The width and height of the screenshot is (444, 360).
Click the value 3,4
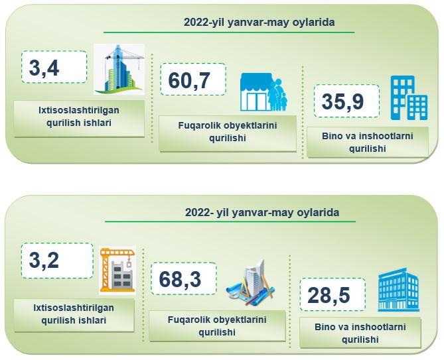[x=44, y=68]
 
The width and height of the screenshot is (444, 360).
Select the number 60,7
[x=189, y=80]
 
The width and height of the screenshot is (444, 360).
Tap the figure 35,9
[x=342, y=101]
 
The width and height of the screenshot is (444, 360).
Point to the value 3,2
[x=44, y=261]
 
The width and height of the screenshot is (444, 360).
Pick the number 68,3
[x=180, y=279]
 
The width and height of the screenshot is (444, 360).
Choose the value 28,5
[x=329, y=295]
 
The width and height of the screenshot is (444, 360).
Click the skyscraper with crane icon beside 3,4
[x=119, y=69]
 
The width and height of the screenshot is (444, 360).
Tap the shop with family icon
[x=263, y=92]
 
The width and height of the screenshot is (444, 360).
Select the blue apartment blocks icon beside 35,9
[x=409, y=98]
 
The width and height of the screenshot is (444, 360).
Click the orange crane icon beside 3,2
[x=117, y=270]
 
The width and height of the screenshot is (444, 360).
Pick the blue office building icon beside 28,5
[x=398, y=290]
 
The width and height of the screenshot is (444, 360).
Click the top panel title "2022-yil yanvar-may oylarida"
[x=259, y=22]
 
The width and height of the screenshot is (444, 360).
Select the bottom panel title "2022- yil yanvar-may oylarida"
[x=262, y=212]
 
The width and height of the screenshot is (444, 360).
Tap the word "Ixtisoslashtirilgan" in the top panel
[x=79, y=110]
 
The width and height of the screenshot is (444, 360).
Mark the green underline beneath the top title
[x=229, y=32]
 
